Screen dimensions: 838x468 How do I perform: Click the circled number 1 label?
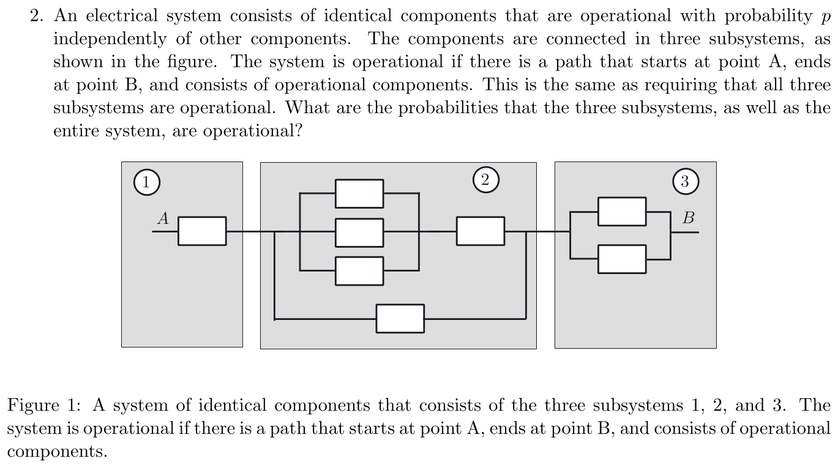pyautogui.click(x=147, y=182)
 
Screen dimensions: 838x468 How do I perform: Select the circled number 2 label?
pyautogui.click(x=485, y=180)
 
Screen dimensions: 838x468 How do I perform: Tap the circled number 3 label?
pyautogui.click(x=686, y=181)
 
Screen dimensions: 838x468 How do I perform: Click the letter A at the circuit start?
pyautogui.click(x=163, y=218)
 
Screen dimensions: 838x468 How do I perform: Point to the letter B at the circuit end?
pyautogui.click(x=689, y=218)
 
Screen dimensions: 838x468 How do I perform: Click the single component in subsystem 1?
pyautogui.click(x=202, y=231)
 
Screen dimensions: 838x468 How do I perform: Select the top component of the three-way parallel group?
pyautogui.click(x=359, y=194)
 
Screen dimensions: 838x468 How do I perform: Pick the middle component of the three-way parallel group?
pyautogui.click(x=359, y=232)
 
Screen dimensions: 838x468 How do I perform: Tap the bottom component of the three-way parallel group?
pyautogui.click(x=359, y=271)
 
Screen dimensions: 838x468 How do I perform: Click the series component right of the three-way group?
pyautogui.click(x=481, y=231)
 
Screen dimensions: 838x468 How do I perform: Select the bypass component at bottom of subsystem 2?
pyautogui.click(x=400, y=319)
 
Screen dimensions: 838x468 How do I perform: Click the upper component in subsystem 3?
pyautogui.click(x=622, y=212)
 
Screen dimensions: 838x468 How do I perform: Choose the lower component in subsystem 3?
pyautogui.click(x=622, y=259)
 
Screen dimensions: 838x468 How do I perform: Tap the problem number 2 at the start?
pyautogui.click(x=35, y=16)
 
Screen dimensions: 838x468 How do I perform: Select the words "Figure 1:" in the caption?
pyautogui.click(x=45, y=405)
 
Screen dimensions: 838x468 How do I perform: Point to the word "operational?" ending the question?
pyautogui.click(x=253, y=132)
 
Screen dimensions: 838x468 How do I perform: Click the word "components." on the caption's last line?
pyautogui.click(x=58, y=452)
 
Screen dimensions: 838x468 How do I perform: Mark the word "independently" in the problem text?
pyautogui.click(x=110, y=40)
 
